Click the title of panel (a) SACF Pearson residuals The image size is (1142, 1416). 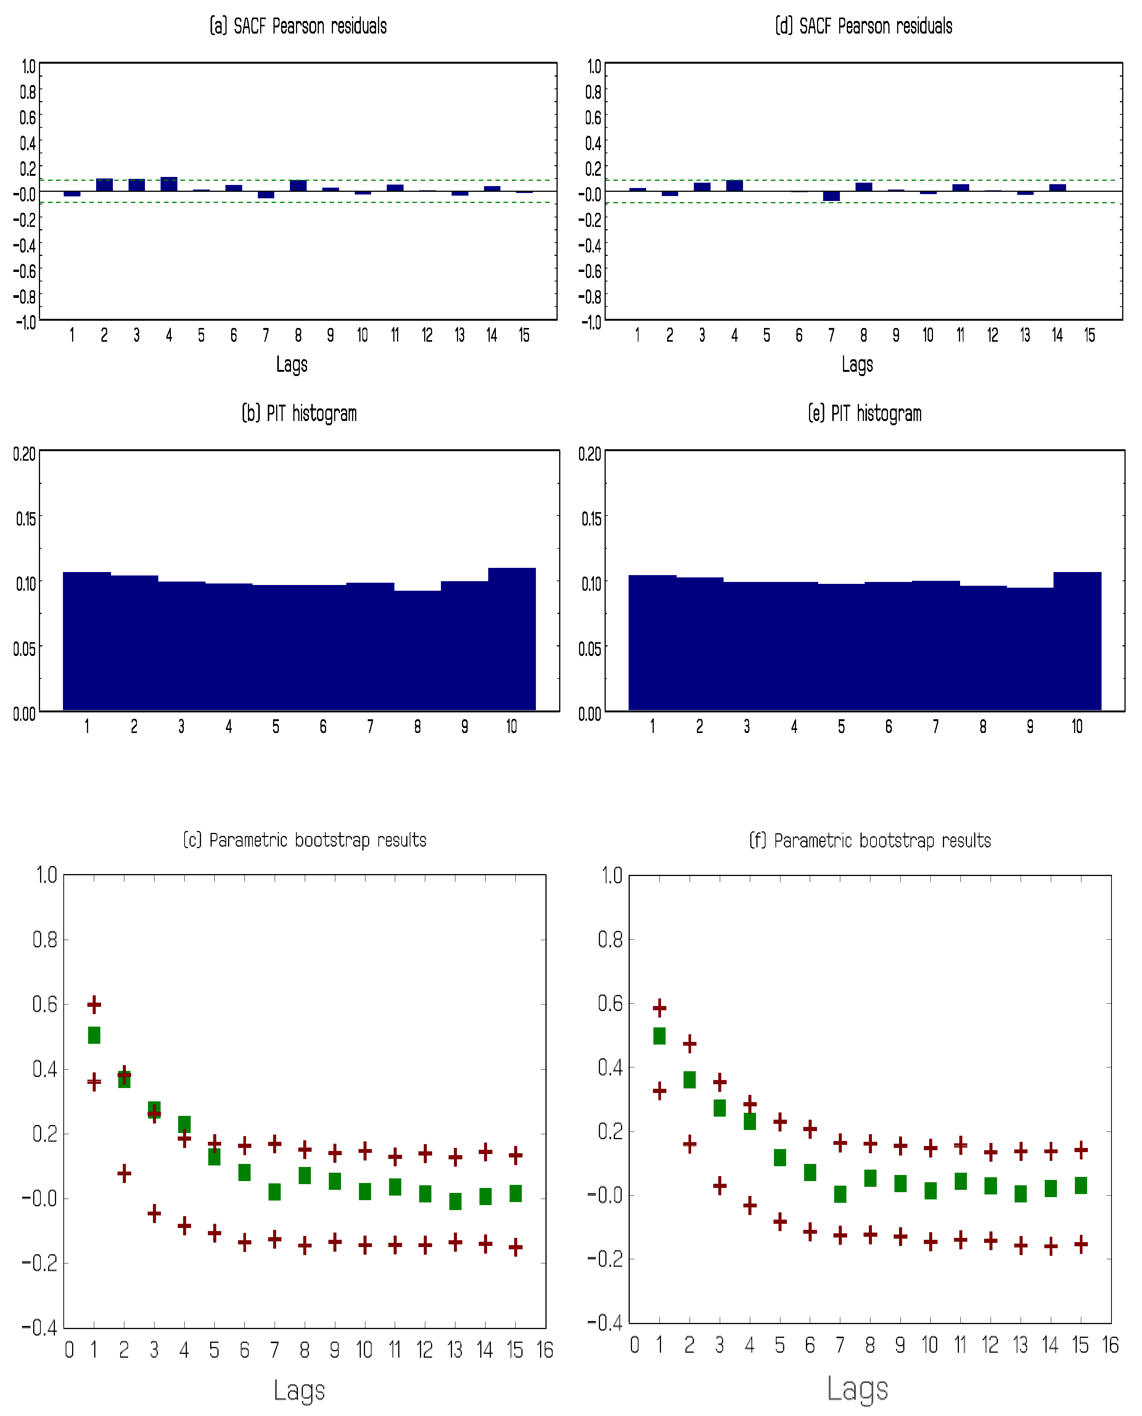pyautogui.click(x=298, y=26)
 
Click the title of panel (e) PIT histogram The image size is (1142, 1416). pyautogui.click(x=864, y=414)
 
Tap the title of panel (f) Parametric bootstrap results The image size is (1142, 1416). pyautogui.click(x=870, y=841)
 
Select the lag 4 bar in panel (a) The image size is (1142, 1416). pyautogui.click(x=169, y=184)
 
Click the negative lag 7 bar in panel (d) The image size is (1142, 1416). pyautogui.click(x=832, y=196)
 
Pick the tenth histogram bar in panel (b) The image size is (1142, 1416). pyautogui.click(x=512, y=638)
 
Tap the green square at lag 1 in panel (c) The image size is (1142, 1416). pyautogui.click(x=94, y=1035)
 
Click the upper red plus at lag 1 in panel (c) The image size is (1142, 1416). pyautogui.click(x=94, y=1004)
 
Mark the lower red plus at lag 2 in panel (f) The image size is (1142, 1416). pyautogui.click(x=689, y=1144)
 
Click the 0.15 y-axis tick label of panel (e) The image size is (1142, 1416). pyautogui.click(x=591, y=519)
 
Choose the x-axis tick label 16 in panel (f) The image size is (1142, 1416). pyautogui.click(x=1110, y=1345)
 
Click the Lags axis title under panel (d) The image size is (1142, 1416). pyautogui.click(x=857, y=364)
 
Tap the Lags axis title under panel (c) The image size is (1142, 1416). pyautogui.click(x=299, y=1391)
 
